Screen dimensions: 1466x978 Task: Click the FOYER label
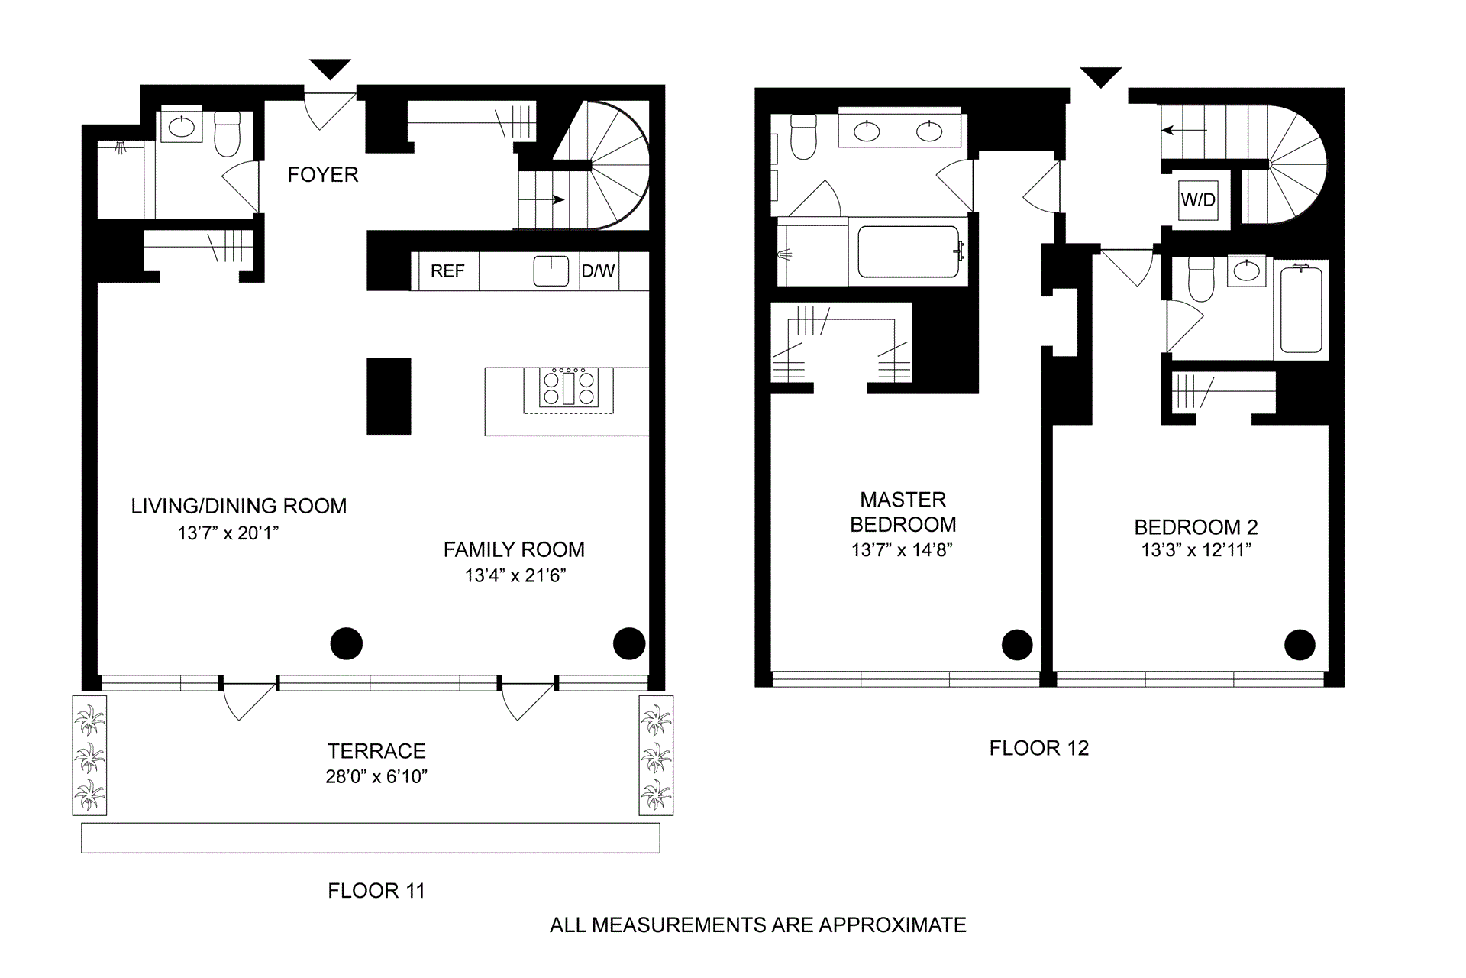point(323,175)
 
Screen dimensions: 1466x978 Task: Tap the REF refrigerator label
point(447,271)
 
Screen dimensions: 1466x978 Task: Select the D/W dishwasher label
point(599,271)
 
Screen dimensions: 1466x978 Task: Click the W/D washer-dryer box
point(1198,200)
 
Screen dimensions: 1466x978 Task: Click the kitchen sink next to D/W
point(551,271)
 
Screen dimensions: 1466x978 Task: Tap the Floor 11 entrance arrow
point(331,70)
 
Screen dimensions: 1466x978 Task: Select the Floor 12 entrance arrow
point(1100,77)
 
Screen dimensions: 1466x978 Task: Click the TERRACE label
point(376,751)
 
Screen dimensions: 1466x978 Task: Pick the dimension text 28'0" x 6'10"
point(376,777)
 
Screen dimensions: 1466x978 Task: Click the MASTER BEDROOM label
point(903,512)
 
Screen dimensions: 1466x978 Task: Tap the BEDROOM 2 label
point(1196,527)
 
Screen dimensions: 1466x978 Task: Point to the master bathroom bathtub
point(909,251)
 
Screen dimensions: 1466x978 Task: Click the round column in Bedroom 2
point(1300,644)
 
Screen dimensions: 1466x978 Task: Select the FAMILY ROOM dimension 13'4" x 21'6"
point(515,575)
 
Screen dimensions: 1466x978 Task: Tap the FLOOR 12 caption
point(1039,748)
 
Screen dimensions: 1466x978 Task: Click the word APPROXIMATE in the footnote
point(893,925)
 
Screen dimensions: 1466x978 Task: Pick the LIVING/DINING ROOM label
point(239,506)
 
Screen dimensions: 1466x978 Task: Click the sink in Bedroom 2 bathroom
point(1246,271)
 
